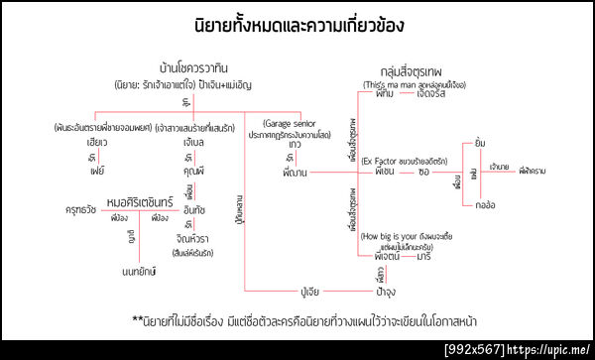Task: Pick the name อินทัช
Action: tap(194, 211)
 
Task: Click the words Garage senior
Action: tap(296, 123)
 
